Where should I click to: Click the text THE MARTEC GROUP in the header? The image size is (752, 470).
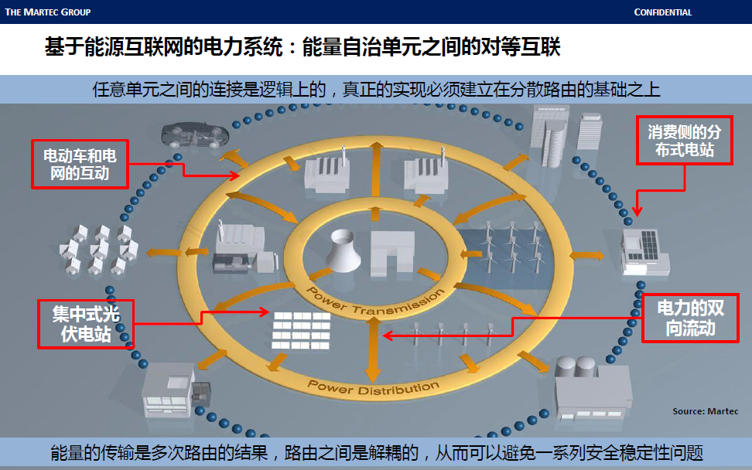[48, 12]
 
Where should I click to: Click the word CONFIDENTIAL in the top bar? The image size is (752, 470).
[662, 12]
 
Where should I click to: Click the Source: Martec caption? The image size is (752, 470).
[705, 411]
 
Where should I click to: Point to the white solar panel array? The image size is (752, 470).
[302, 329]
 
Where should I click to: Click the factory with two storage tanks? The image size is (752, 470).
[593, 388]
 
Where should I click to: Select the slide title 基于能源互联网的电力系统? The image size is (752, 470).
[302, 48]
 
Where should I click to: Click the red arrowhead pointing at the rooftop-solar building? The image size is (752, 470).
[636, 212]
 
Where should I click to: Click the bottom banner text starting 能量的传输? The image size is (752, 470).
[376, 452]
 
